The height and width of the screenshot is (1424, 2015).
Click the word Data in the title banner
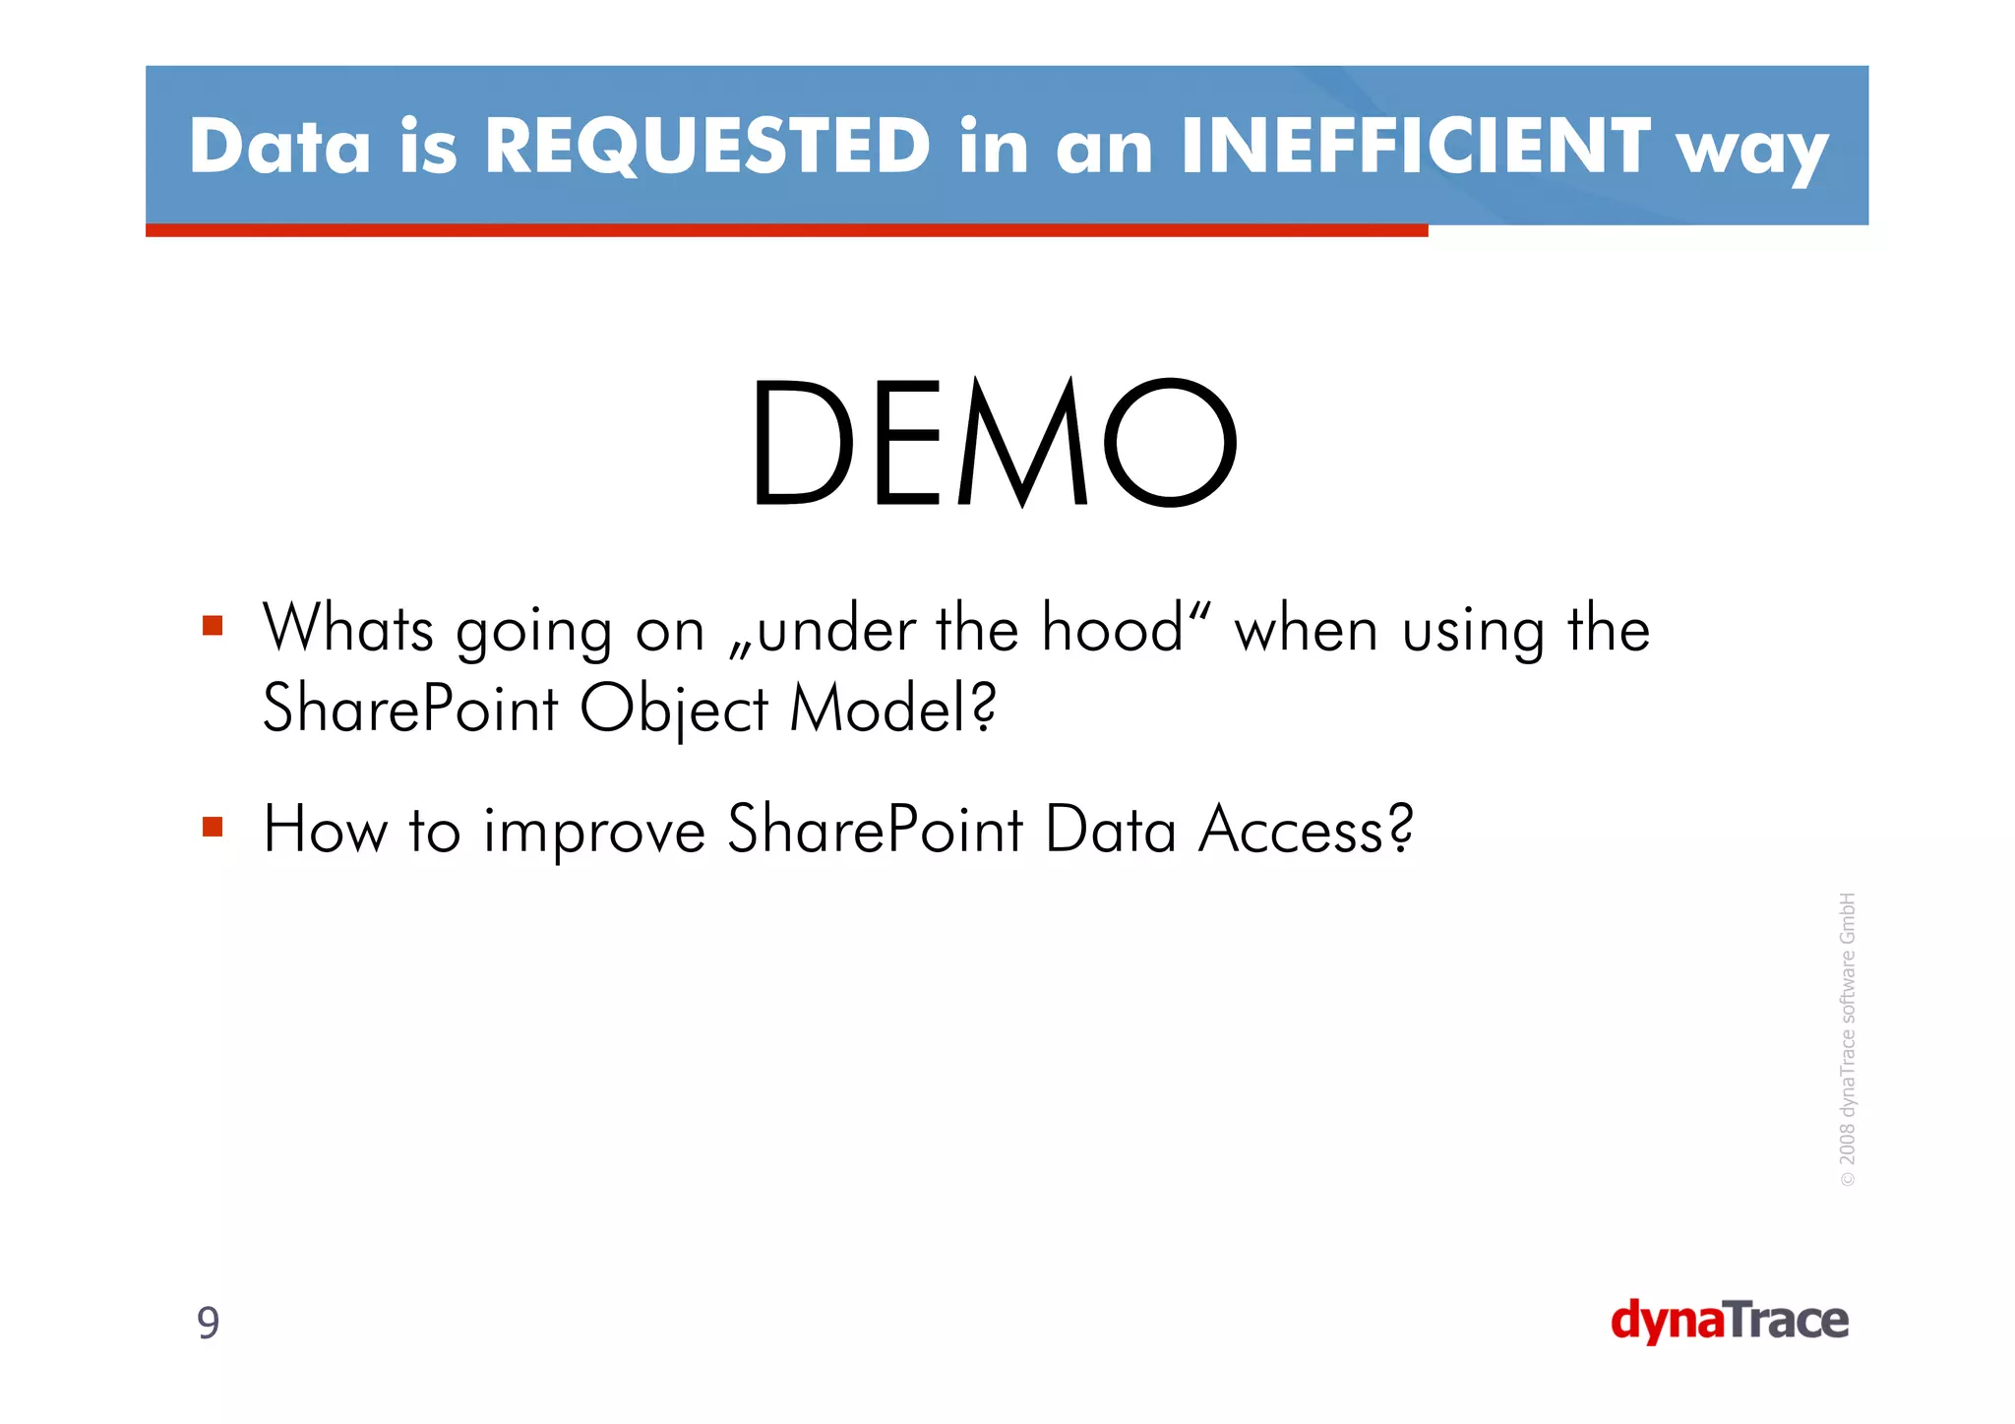[x=279, y=146]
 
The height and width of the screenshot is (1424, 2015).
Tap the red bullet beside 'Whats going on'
[x=213, y=626]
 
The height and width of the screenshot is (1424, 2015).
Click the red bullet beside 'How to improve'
[x=213, y=826]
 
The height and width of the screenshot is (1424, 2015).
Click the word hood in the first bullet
[x=1112, y=628]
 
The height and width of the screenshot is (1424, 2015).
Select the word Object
[x=673, y=709]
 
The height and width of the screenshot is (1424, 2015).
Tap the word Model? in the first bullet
[x=893, y=709]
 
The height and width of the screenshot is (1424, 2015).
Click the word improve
[x=594, y=830]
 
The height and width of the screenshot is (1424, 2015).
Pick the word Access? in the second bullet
[x=1306, y=830]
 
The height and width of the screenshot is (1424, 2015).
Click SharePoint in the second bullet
[x=875, y=830]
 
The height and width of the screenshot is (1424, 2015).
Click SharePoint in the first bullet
[x=410, y=709]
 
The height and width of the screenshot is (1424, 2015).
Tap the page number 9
[x=209, y=1323]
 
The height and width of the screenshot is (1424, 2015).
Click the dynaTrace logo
[x=1729, y=1321]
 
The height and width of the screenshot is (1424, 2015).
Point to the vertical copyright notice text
[x=1848, y=1038]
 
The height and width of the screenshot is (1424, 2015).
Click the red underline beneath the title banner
[x=786, y=230]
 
